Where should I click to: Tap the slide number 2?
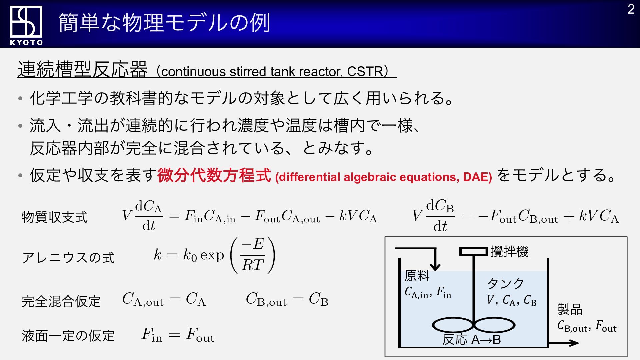tap(631, 9)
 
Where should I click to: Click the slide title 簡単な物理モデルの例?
tap(164, 23)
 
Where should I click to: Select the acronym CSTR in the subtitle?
tap(365, 71)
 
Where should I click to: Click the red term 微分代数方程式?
tap(214, 175)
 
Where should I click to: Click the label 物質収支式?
tap(55, 217)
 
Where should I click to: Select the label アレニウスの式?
tap(68, 258)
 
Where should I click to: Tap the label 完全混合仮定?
tap(61, 301)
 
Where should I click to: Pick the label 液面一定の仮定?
tap(68, 336)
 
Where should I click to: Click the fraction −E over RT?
tap(253, 255)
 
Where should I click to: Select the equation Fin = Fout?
tap(178, 335)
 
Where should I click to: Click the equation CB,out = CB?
tap(287, 299)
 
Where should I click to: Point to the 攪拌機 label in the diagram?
tap(509, 252)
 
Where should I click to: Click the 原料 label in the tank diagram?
tap(417, 276)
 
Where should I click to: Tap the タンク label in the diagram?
tap(506, 284)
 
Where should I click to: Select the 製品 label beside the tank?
tap(570, 309)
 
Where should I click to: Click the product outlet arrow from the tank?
tap(564, 343)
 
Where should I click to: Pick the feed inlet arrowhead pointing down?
tap(435, 266)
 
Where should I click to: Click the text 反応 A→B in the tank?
tap(472, 340)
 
